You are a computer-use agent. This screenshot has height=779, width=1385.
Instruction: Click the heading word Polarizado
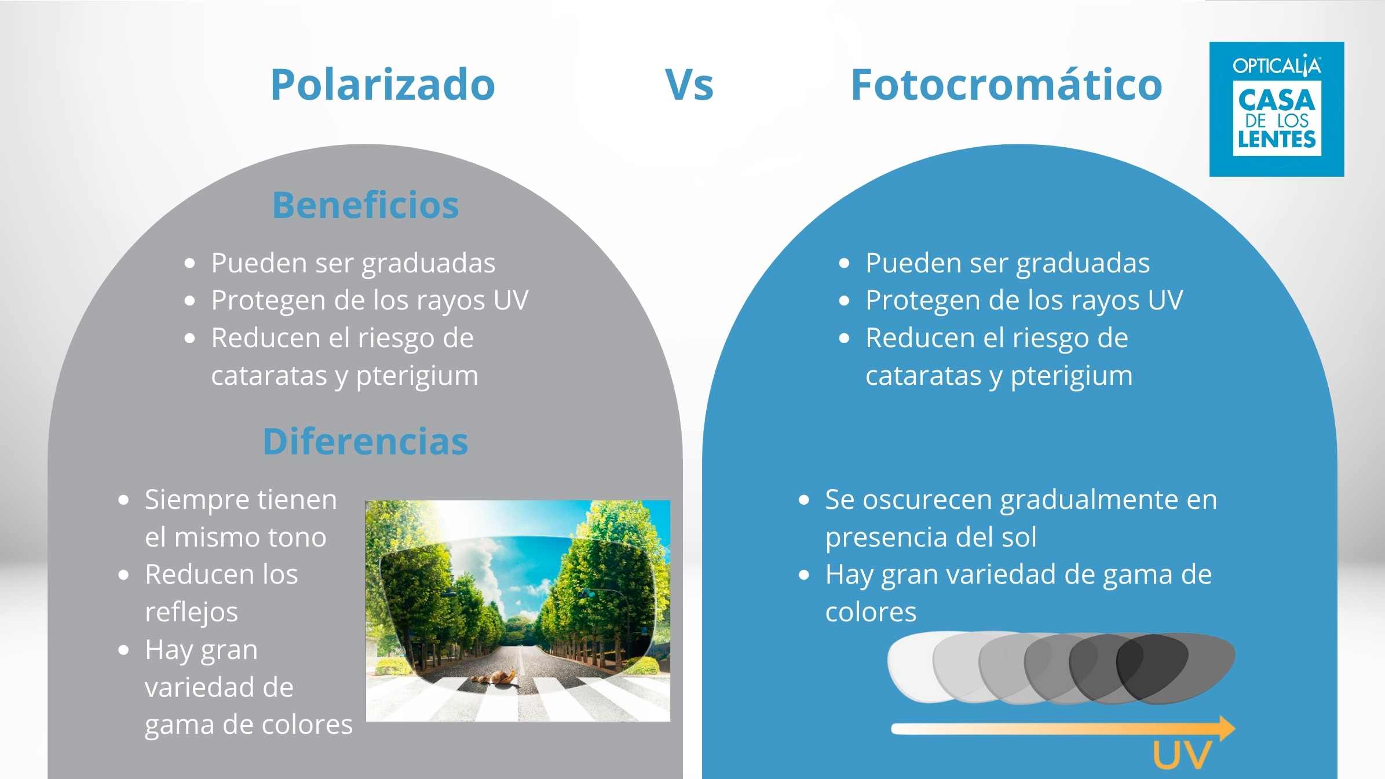(x=383, y=85)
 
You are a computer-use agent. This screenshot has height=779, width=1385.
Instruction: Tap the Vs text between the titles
(x=689, y=85)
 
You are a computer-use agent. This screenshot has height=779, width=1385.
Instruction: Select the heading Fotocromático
(x=1006, y=85)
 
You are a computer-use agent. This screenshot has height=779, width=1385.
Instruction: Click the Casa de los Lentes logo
(x=1277, y=109)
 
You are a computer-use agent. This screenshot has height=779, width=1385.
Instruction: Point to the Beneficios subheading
(x=366, y=205)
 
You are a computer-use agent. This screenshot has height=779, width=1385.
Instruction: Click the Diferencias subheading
(x=366, y=442)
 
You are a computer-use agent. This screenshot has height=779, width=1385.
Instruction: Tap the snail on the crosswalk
(x=503, y=678)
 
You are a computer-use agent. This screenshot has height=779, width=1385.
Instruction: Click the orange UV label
(x=1182, y=755)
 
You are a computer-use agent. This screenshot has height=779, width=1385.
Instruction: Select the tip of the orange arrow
(x=1235, y=729)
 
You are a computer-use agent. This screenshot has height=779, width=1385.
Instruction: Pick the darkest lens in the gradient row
(x=1176, y=668)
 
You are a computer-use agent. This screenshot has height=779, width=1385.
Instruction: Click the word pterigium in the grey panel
(x=417, y=377)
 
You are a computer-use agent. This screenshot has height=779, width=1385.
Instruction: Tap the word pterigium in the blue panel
(x=1072, y=377)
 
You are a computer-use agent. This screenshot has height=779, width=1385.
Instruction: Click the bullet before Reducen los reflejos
(x=123, y=575)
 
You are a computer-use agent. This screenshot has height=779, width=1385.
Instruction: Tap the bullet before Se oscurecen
(x=803, y=500)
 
